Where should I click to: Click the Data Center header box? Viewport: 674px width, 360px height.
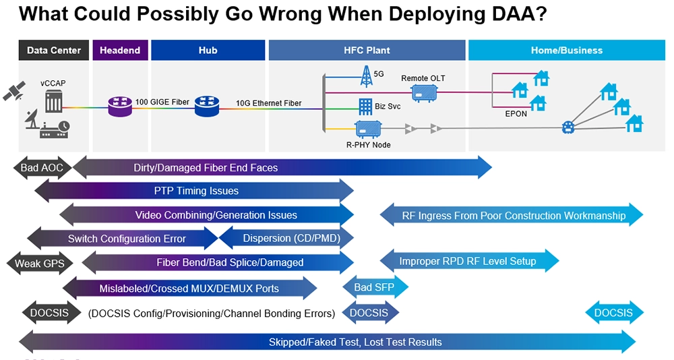[x=54, y=51]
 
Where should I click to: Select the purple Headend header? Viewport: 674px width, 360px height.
[x=120, y=51]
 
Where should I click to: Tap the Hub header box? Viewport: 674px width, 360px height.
[x=208, y=51]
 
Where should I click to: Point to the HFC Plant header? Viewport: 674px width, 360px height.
[x=367, y=51]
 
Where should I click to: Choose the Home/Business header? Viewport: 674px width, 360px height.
[x=565, y=51]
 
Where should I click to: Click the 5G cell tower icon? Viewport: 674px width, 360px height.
[x=366, y=76]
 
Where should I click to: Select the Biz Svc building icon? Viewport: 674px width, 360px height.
[x=365, y=105]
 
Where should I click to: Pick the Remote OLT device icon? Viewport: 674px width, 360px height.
[x=423, y=93]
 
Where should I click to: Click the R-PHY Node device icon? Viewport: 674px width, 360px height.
[x=367, y=128]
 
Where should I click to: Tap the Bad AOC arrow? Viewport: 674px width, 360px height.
[x=42, y=168]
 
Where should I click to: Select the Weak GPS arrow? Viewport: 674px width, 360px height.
[x=40, y=263]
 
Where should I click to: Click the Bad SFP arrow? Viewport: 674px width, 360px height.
[x=375, y=288]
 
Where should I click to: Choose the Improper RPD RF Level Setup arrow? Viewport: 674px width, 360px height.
[x=469, y=261]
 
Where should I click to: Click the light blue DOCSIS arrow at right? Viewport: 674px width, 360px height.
[x=613, y=313]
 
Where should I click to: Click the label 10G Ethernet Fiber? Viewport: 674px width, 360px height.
[x=268, y=103]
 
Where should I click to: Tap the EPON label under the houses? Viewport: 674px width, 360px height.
[x=516, y=114]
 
